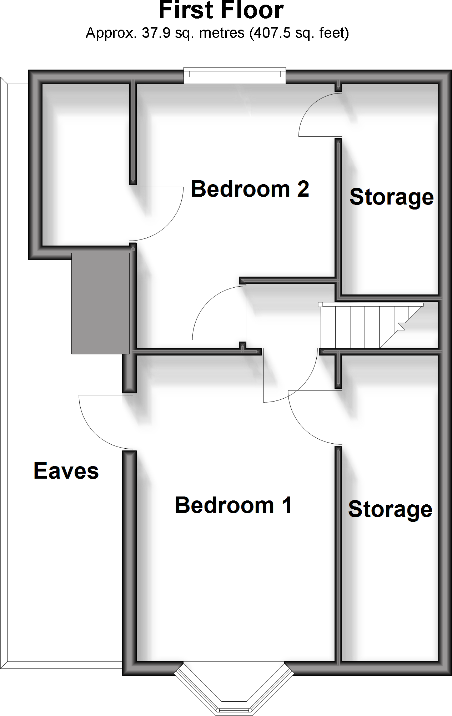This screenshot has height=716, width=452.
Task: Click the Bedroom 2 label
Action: point(250,189)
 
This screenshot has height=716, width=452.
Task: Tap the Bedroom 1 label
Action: point(233,505)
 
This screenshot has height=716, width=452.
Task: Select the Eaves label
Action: point(66,471)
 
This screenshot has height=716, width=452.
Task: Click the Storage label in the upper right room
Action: point(391,197)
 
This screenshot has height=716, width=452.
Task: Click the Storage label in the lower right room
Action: point(390,509)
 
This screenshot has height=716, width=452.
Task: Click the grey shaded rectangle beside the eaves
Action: point(100,303)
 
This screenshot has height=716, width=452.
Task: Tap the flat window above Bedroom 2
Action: point(235,75)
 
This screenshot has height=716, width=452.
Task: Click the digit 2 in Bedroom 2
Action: point(303,189)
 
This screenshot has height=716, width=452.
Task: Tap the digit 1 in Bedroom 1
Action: point(287,505)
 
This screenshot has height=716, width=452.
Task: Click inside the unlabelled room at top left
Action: point(86,164)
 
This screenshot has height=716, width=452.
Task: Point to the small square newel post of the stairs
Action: point(320,304)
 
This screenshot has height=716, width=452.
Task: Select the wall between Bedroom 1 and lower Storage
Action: point(338,553)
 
